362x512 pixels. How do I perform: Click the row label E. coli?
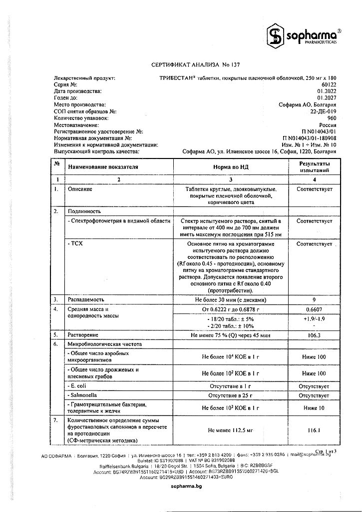78,386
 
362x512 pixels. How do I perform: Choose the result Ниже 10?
314,407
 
